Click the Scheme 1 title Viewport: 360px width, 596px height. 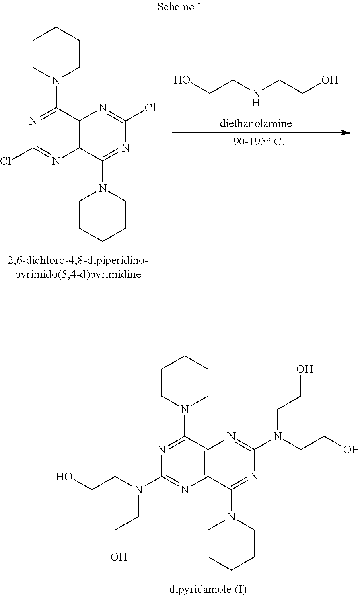[180, 7]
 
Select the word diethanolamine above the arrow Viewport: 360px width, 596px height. [255, 123]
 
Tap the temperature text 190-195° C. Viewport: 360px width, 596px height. [256, 142]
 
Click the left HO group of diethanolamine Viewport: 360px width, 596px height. [182, 80]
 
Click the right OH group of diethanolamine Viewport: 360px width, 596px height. [329, 80]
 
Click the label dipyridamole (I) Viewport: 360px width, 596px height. [208, 589]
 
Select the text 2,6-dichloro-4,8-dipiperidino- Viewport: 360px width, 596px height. [78, 261]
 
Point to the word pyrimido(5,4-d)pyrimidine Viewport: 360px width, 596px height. [78, 275]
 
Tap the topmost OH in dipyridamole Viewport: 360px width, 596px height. [304, 369]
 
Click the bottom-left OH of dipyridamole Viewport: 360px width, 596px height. [119, 557]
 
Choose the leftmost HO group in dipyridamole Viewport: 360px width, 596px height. [64, 477]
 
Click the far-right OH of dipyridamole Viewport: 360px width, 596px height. [351, 449]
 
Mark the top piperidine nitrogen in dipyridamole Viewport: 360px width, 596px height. [185, 409]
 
